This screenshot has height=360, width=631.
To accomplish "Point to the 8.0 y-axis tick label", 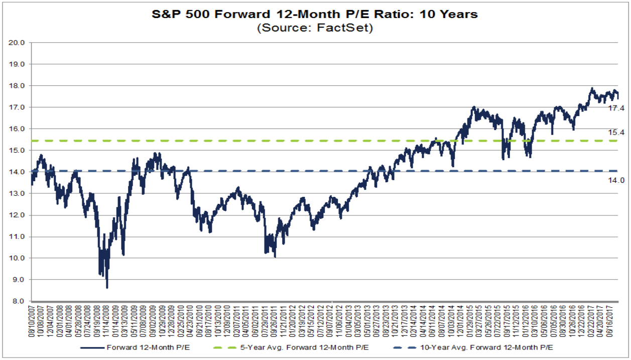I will tap(19, 301).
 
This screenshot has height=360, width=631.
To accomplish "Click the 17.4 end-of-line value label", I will tap(616, 108).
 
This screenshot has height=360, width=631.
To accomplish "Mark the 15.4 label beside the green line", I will tap(616, 132).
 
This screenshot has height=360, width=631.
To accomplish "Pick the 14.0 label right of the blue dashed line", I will tap(616, 180).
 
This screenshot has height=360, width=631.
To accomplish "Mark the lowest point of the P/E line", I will tap(107, 288).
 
